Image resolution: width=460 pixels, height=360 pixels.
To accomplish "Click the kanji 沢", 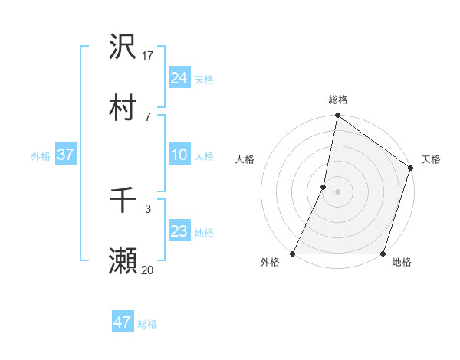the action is pyautogui.click(x=123, y=47).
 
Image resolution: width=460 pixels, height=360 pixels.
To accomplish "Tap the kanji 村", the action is pyautogui.click(x=123, y=108).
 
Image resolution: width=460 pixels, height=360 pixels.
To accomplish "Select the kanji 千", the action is pyautogui.click(x=123, y=201).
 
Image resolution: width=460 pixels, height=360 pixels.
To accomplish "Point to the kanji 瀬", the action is pyautogui.click(x=123, y=261).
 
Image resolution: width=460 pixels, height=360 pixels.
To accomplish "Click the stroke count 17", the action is pyautogui.click(x=148, y=55).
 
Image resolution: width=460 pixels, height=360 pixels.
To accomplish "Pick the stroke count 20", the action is pyautogui.click(x=148, y=270).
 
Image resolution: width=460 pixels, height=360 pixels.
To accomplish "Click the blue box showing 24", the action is pyautogui.click(x=179, y=78).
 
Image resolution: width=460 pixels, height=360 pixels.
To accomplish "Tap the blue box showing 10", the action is pyautogui.click(x=179, y=155).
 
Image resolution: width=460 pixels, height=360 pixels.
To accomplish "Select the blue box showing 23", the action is pyautogui.click(x=179, y=232).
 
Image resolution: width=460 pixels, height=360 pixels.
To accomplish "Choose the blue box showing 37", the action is pyautogui.click(x=65, y=155).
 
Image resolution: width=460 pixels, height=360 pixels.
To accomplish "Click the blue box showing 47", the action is pyautogui.click(x=122, y=322).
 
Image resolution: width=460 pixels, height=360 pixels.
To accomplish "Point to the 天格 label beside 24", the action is pyautogui.click(x=204, y=80).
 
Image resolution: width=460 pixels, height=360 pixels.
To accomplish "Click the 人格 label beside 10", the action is pyautogui.click(x=204, y=156).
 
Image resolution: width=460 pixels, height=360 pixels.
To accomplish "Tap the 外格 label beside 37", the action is pyautogui.click(x=41, y=156).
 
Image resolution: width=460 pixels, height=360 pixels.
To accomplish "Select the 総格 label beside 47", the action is pyautogui.click(x=147, y=324).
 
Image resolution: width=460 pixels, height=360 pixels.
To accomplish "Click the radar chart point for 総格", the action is pyautogui.click(x=337, y=116).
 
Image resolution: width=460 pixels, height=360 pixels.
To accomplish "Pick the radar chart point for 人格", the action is pyautogui.click(x=324, y=187).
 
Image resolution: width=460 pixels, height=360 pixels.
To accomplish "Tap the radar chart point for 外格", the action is pyautogui.click(x=293, y=254).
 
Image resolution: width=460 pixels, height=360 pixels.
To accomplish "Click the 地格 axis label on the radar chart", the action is pyautogui.click(x=402, y=263).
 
